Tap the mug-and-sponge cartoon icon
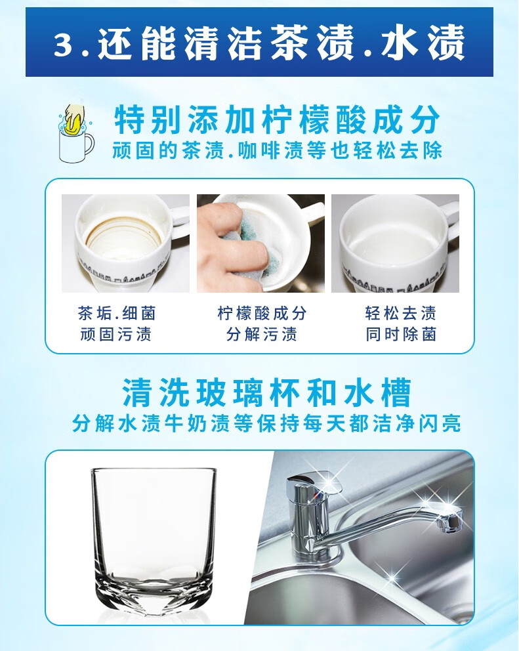75,133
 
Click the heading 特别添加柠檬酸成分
277,121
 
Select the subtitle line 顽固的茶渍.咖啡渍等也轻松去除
277,151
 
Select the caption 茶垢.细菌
117,314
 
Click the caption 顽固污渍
116,334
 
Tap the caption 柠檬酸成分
262,314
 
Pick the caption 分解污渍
262,334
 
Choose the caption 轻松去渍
401,314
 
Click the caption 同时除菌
401,334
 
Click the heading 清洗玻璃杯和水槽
267,392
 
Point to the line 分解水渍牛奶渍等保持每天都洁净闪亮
266,423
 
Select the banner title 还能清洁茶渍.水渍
281,43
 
